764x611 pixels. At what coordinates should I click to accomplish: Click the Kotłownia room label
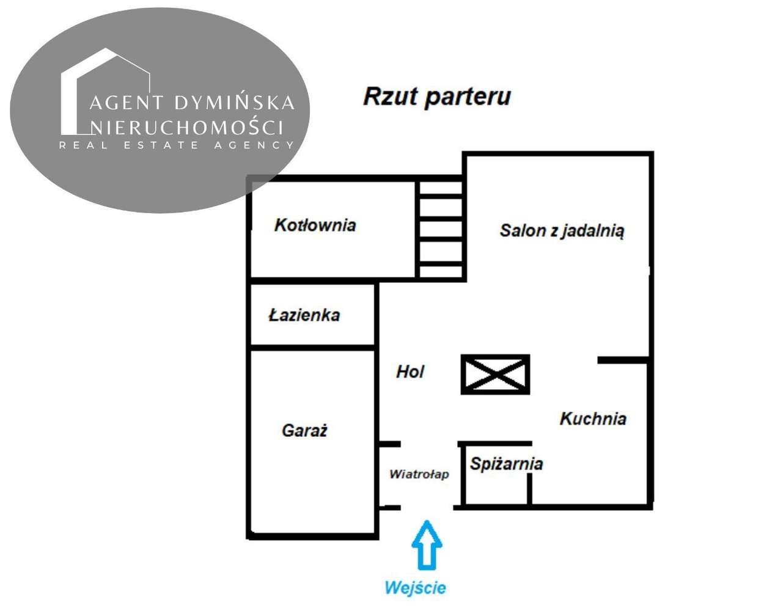pyautogui.click(x=315, y=225)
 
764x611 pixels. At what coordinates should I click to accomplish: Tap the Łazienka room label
pyautogui.click(x=304, y=315)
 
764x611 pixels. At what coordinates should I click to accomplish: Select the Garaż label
pyautogui.click(x=304, y=431)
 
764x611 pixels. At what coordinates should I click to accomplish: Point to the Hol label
pyautogui.click(x=410, y=371)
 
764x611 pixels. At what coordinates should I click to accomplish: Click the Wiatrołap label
pyautogui.click(x=419, y=474)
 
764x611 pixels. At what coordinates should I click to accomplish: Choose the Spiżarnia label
pyautogui.click(x=507, y=464)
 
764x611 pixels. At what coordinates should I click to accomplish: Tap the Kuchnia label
pyautogui.click(x=593, y=419)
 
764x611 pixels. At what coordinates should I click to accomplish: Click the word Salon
pyautogui.click(x=523, y=230)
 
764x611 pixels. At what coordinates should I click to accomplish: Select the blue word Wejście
pyautogui.click(x=416, y=588)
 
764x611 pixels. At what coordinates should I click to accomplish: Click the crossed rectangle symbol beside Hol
pyautogui.click(x=495, y=374)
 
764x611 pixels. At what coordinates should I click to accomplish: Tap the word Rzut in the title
pyautogui.click(x=391, y=96)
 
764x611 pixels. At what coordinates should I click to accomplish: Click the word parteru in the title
pyautogui.click(x=468, y=97)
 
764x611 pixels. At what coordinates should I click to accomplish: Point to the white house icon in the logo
pyautogui.click(x=106, y=91)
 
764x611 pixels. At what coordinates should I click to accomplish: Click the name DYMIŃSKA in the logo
pyautogui.click(x=235, y=103)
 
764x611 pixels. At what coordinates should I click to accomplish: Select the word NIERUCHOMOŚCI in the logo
pyautogui.click(x=187, y=126)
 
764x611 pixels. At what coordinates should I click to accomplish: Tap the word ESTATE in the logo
pyautogui.click(x=161, y=145)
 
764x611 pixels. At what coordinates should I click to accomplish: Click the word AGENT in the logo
pyautogui.click(x=127, y=103)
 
